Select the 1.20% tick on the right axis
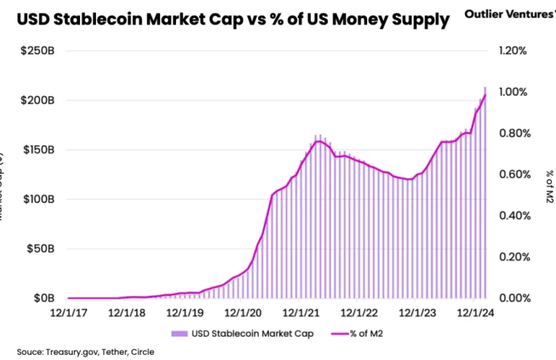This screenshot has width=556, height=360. tap(512, 51)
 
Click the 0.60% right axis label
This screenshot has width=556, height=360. tap(512, 175)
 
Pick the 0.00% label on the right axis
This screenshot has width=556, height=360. tap(512, 298)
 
